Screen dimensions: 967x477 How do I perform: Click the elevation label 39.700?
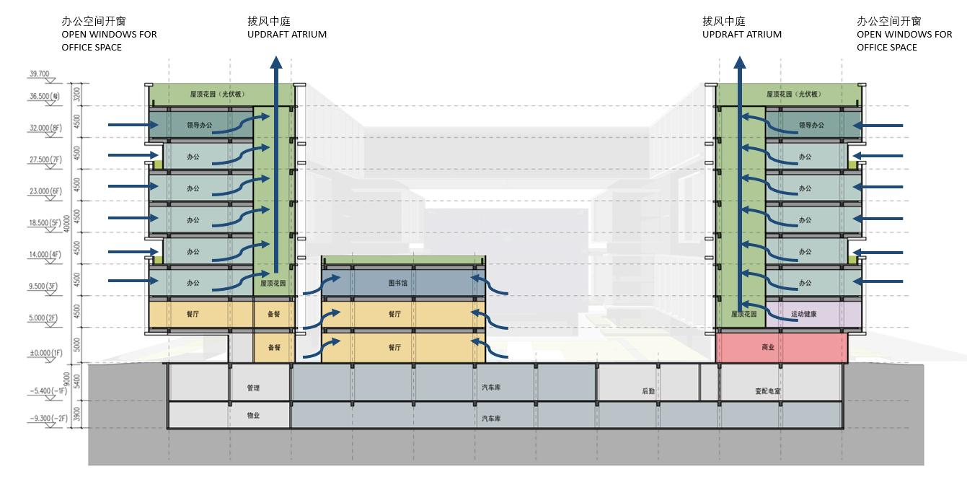coord(39,74)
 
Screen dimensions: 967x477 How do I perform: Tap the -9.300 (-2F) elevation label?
coord(48,418)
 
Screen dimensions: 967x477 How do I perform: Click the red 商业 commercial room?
coord(768,347)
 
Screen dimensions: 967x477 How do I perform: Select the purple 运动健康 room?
coord(805,314)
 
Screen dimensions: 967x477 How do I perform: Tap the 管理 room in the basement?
coord(252,388)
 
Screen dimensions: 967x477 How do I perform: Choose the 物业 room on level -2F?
coord(252,416)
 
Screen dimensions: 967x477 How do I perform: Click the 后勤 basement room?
coord(648,391)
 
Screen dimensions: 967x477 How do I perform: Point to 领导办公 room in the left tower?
coord(200,125)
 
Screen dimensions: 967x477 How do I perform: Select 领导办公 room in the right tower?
coord(812,125)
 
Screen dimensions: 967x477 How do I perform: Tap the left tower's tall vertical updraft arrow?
coord(275,166)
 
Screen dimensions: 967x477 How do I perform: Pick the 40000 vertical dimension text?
coord(67,224)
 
